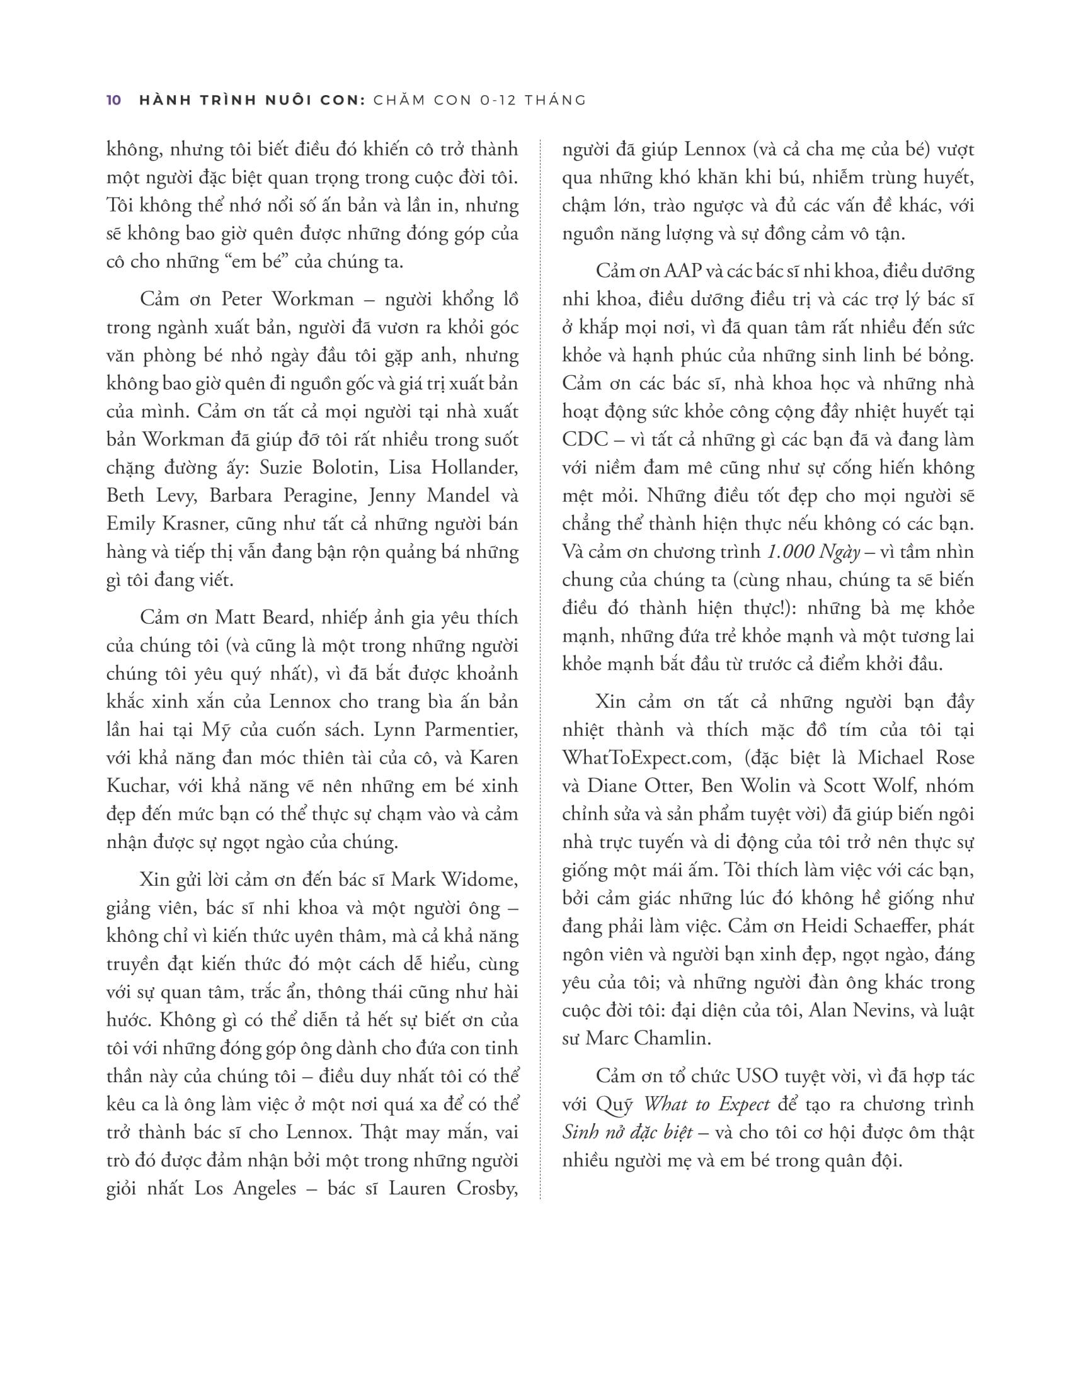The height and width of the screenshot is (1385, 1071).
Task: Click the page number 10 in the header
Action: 114,100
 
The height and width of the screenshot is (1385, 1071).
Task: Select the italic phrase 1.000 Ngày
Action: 813,552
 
